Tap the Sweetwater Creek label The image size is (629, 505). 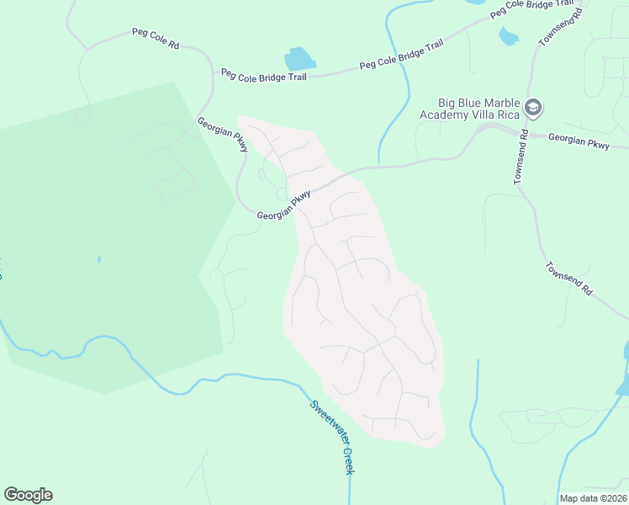[x=330, y=435]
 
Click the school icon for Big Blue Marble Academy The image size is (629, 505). [x=532, y=108]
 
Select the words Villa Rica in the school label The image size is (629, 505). [x=495, y=114]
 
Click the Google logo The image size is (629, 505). [x=28, y=495]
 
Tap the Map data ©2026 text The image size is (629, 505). [x=593, y=497]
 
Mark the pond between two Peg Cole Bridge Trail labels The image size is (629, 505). [x=299, y=59]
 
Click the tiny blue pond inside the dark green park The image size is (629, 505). [x=98, y=259]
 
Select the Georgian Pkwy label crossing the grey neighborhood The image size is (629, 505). [x=284, y=205]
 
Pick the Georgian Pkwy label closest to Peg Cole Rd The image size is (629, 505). [x=222, y=135]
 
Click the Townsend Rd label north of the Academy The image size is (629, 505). [x=560, y=28]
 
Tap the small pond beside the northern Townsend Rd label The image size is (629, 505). [x=508, y=35]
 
